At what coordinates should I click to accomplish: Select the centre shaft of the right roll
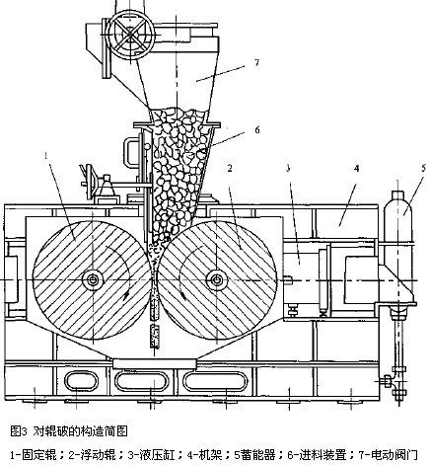click(217, 276)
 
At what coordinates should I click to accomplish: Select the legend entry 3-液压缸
click(144, 454)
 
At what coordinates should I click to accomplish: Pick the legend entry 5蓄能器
click(245, 454)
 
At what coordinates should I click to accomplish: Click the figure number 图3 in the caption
click(16, 431)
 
